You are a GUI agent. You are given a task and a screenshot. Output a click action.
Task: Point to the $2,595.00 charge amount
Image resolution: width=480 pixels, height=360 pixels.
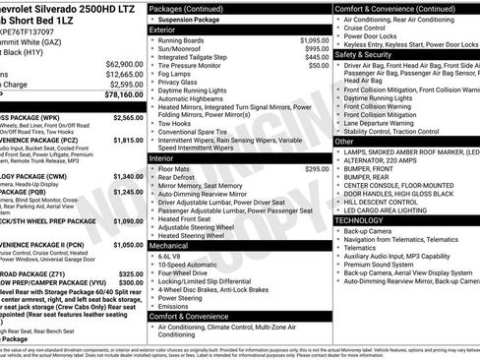121,85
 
